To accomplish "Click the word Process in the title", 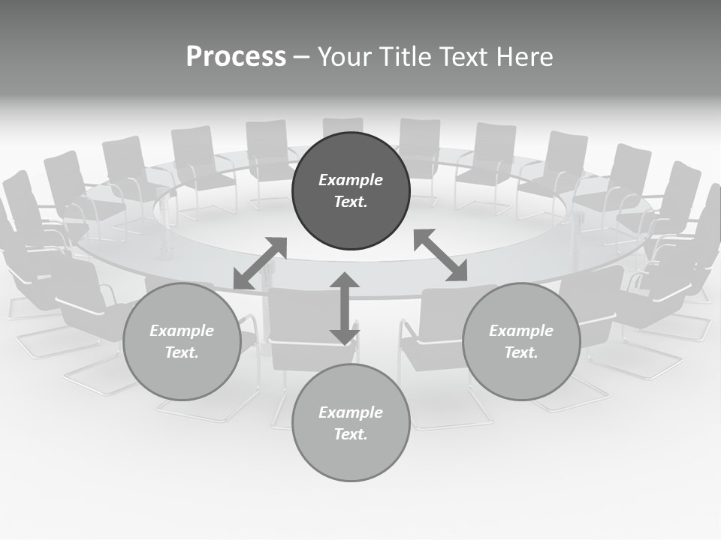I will tap(236, 57).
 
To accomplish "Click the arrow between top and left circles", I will tap(260, 263).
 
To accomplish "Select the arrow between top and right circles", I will tap(440, 255).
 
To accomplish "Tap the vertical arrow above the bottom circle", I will tap(344, 308).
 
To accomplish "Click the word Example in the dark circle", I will tap(351, 180).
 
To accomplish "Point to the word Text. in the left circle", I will tap(182, 352).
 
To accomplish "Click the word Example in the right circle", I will tap(521, 331).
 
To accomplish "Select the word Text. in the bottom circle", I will tap(351, 434).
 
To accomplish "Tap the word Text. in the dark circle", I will tap(351, 202).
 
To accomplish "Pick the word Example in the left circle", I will tap(182, 331).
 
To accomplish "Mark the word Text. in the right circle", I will tap(521, 352).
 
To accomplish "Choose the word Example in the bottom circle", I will tap(351, 412).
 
